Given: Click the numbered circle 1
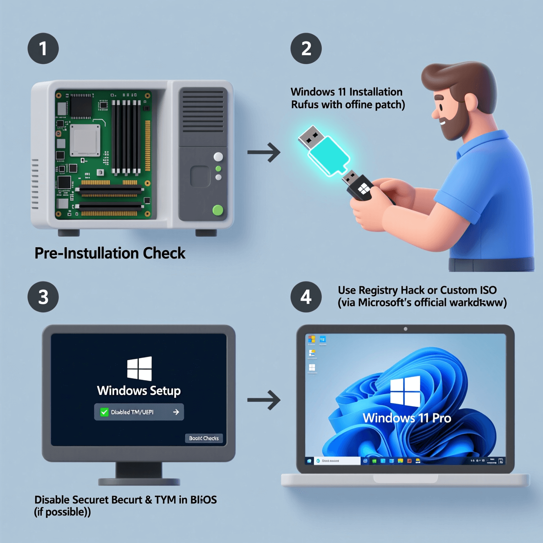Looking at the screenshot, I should coord(43,48).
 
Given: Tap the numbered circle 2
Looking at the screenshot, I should coord(306,48).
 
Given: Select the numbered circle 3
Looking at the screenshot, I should coord(43,297).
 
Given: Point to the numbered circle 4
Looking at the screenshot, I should coord(306,297).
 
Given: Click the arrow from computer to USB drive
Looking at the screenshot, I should coord(264,153).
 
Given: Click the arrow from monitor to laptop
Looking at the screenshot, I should coord(264,399).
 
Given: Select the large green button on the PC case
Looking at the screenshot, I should coord(218,210).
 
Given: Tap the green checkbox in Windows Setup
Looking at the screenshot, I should coord(104,412).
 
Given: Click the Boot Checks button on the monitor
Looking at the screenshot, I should coord(204,438).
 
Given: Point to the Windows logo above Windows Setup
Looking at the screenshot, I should coord(139,368).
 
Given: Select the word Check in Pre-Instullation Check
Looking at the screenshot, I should coord(164,253).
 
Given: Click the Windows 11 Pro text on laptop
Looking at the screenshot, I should coord(407,418).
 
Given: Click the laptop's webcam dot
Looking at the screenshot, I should coord(405,329).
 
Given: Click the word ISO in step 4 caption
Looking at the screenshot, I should coord(488,290).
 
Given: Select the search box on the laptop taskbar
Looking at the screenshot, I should coord(337,461).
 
